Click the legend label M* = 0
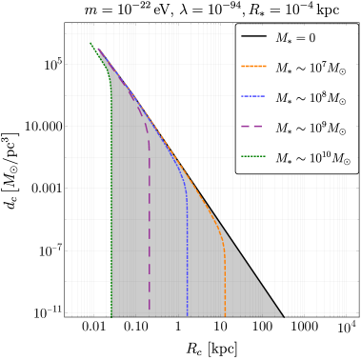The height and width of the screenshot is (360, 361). (295, 38)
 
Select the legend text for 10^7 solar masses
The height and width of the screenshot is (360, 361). (311, 68)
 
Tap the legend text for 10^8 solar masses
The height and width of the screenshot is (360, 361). (311, 98)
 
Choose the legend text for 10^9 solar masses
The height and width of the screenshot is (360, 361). (311, 128)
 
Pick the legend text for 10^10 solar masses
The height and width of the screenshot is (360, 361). (312, 158)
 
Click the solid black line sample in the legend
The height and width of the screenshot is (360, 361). (253, 37)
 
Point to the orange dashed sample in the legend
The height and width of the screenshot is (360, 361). (253, 67)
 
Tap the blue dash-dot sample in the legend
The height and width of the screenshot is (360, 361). (253, 97)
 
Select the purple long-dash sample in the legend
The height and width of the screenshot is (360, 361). (253, 127)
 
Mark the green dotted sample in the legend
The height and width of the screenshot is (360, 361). (253, 157)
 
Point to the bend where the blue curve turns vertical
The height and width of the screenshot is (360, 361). (186, 190)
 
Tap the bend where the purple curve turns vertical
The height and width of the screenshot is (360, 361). (148, 133)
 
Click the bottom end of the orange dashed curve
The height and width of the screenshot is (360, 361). (225, 315)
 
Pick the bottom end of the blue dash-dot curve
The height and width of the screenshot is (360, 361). (188, 315)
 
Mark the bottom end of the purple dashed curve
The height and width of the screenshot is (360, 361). (150, 311)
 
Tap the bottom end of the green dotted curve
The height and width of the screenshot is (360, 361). (111, 315)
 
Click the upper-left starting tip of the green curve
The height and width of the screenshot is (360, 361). (91, 42)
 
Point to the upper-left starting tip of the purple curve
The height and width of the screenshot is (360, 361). (98, 49)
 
